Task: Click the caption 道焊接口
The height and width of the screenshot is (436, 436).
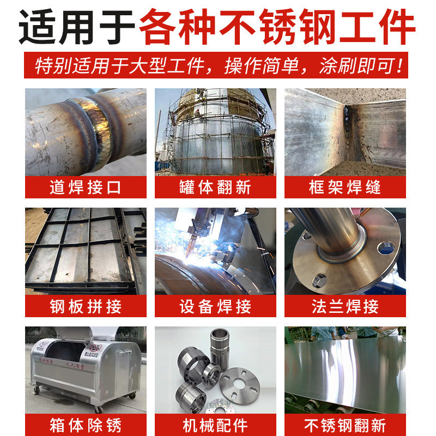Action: (86, 187)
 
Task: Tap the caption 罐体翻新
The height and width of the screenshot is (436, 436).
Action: (215, 187)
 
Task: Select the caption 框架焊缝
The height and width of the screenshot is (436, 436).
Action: (345, 187)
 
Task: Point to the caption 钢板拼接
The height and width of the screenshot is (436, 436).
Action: (86, 306)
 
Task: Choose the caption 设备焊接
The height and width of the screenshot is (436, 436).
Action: (215, 306)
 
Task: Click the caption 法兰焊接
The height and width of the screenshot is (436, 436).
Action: (345, 306)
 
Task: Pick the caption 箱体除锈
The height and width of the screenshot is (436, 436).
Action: (86, 425)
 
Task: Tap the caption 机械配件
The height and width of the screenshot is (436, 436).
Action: (215, 425)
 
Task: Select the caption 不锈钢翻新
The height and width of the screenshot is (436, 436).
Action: (345, 425)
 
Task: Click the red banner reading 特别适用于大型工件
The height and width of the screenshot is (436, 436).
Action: (218, 66)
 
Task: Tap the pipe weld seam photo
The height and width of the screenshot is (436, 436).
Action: (86, 132)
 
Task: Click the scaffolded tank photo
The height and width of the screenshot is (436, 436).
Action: (215, 132)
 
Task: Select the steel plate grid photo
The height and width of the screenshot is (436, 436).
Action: (86, 251)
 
